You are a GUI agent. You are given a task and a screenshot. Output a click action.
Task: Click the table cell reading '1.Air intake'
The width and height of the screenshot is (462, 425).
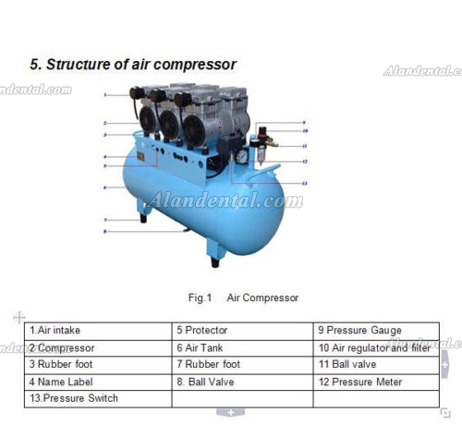point(98,331)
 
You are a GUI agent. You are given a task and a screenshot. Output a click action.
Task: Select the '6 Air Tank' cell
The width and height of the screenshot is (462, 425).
point(242,348)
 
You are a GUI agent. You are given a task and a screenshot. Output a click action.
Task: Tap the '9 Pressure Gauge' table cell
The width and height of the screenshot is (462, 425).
point(376,331)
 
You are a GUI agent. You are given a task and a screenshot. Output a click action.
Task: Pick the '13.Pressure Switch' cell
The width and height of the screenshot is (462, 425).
point(98,398)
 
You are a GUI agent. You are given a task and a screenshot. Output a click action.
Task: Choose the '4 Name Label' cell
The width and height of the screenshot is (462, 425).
point(98,382)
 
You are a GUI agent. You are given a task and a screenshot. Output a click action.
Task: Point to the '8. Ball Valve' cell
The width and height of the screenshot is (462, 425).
point(242,382)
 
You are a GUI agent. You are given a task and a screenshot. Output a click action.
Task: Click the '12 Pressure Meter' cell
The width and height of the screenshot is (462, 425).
point(376,382)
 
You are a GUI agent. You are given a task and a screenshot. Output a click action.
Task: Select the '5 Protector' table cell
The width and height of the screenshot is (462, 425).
point(242,331)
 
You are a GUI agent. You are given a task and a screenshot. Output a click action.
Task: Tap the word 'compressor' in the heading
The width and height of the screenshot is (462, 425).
point(195,66)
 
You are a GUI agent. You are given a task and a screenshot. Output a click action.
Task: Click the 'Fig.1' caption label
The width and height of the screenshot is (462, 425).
point(200,297)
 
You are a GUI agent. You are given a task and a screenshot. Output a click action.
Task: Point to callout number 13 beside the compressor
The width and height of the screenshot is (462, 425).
point(305,184)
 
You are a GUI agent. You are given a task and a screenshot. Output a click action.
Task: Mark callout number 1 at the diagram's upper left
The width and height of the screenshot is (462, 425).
point(105,95)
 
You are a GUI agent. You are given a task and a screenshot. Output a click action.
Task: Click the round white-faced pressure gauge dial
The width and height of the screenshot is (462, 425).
point(242,156)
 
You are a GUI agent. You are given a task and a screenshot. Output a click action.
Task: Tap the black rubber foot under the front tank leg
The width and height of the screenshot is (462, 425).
point(215,262)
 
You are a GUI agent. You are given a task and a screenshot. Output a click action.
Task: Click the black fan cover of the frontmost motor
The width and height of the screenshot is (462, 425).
point(194,130)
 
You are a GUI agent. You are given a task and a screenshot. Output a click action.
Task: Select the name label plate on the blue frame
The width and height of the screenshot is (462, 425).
point(141,156)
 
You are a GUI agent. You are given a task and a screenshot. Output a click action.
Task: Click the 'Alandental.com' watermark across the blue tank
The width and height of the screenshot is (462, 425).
point(225,200)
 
